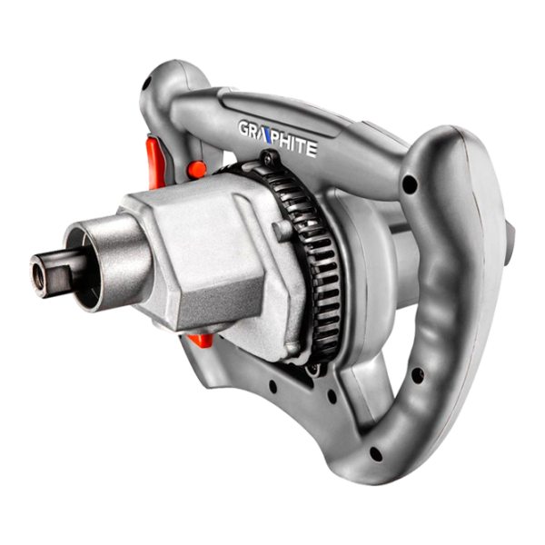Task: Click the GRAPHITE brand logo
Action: pos(277,138)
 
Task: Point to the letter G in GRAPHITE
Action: pos(244,128)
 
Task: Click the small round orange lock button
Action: pos(197,167)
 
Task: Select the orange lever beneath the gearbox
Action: pos(201,339)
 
